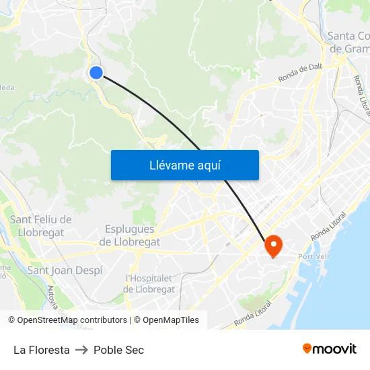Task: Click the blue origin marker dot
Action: point(96,73)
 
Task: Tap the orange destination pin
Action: point(274,245)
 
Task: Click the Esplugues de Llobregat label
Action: point(130,235)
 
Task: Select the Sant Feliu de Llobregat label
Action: point(40,226)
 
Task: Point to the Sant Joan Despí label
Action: point(65,270)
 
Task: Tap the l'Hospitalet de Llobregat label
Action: point(149,283)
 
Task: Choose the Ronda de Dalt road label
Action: point(301,74)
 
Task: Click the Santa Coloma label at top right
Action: point(348,42)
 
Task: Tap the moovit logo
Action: point(330,349)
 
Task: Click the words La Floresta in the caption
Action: point(42,350)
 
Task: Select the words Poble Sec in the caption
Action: point(118,350)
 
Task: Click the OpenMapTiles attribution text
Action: point(171,320)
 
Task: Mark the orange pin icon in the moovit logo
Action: point(307,348)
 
